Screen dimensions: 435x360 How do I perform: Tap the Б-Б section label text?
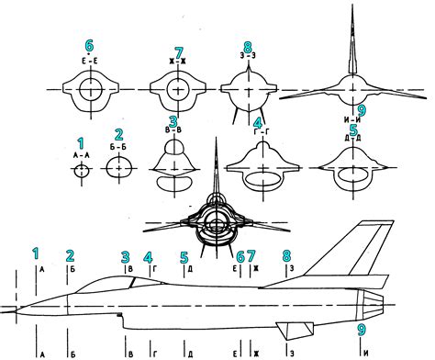coord(117,145)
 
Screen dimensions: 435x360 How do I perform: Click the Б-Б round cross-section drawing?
coord(118,169)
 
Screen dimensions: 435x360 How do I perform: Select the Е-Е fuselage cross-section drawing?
coord(90,91)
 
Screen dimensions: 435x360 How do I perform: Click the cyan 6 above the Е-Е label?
coord(89,46)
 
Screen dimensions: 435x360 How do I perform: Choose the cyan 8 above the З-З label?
coord(247,47)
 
